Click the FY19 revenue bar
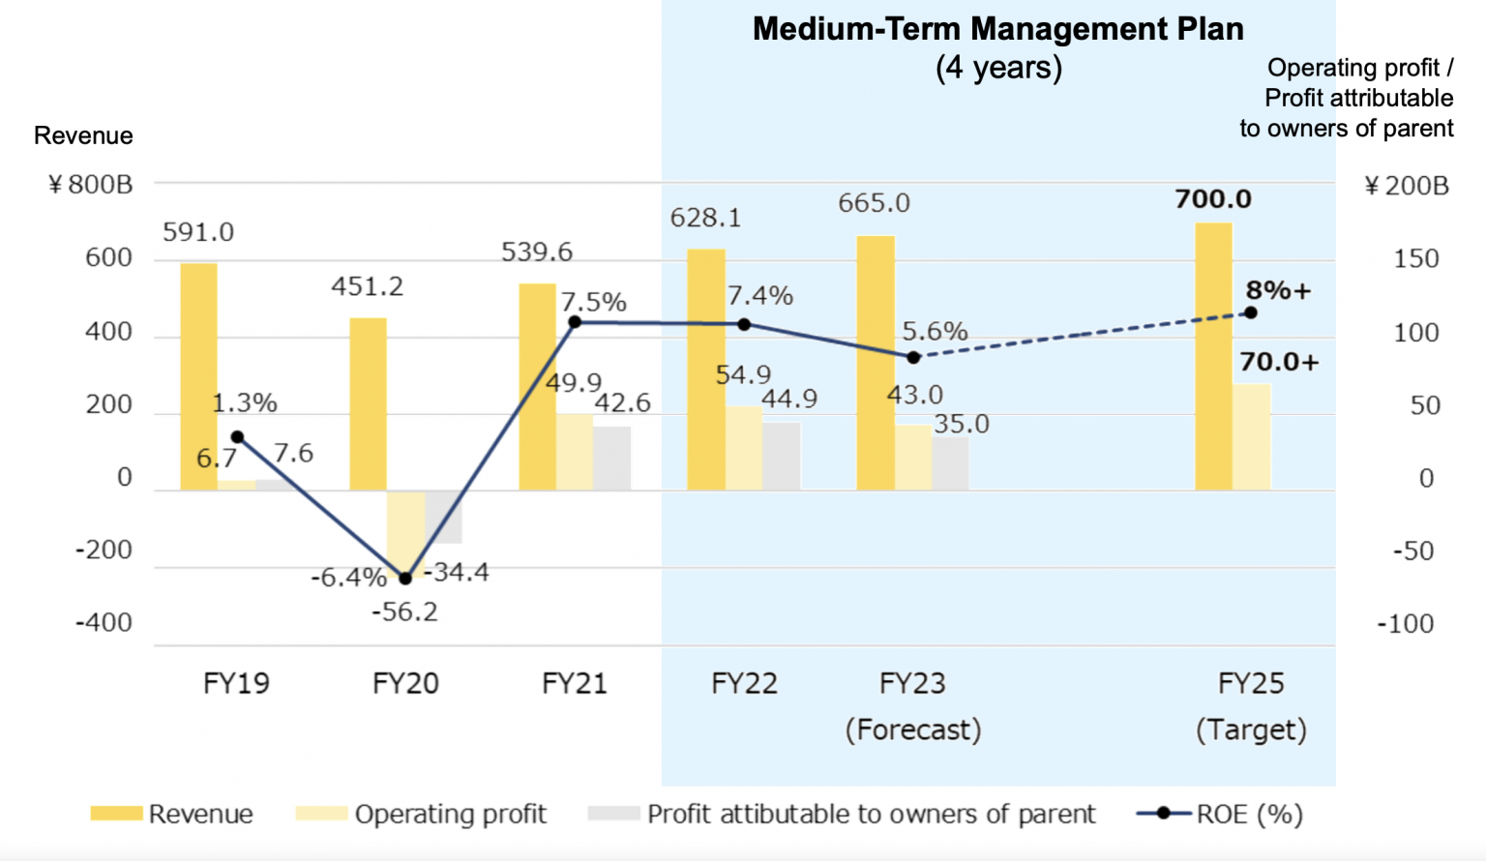point(198,377)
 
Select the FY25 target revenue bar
point(1213,357)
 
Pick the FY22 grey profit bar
point(781,456)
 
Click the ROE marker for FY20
point(405,578)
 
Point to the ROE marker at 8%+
point(1250,312)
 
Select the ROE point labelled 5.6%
point(913,357)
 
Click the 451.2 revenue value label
point(367,286)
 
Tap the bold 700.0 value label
point(1213,199)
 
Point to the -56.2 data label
point(404,612)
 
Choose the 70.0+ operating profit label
point(1279,362)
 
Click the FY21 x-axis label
point(575,684)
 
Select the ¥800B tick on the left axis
point(91,185)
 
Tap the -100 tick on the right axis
point(1406,624)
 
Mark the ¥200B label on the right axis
point(1407,186)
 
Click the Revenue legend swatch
point(116,814)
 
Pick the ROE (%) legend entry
point(1221,814)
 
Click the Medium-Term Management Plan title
point(998,29)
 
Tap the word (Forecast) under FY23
point(913,729)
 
